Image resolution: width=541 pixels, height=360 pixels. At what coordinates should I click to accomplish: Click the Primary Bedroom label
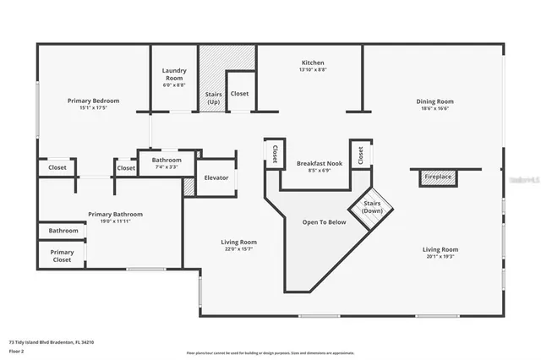(93, 101)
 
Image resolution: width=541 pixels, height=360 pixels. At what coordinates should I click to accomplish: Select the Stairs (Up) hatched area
(214, 78)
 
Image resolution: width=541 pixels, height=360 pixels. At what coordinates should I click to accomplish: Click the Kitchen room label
(313, 63)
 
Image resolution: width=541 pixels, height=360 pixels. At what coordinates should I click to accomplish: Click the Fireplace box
(438, 177)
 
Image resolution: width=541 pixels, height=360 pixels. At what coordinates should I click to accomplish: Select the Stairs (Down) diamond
(372, 207)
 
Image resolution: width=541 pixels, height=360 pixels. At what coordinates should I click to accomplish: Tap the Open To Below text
(325, 222)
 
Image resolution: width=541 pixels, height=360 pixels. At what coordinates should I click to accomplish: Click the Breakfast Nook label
(319, 163)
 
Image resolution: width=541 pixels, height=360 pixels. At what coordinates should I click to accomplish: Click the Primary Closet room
(62, 256)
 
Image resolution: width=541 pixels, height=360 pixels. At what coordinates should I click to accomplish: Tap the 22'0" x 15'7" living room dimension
(238, 248)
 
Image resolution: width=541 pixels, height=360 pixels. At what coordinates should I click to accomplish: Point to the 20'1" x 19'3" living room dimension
(440, 256)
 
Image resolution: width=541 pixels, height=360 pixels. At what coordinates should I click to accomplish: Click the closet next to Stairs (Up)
(239, 94)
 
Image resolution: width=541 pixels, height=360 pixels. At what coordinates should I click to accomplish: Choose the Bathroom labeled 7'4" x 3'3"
(167, 167)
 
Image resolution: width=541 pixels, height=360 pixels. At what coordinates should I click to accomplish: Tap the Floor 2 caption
(17, 352)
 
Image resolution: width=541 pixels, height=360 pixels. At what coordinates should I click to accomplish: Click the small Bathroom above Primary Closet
(63, 231)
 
